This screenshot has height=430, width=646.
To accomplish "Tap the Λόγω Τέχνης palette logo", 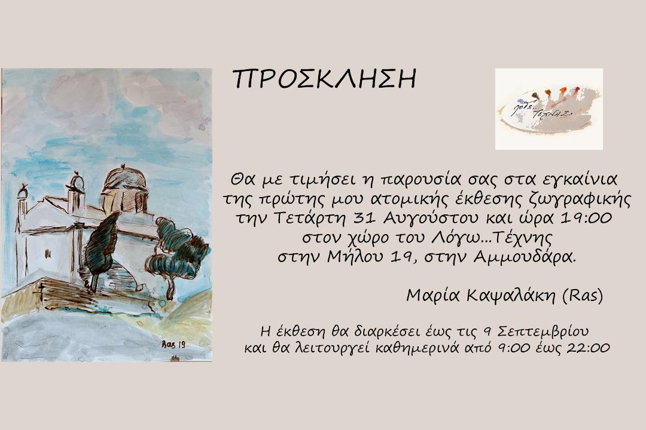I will [x=549, y=109].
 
